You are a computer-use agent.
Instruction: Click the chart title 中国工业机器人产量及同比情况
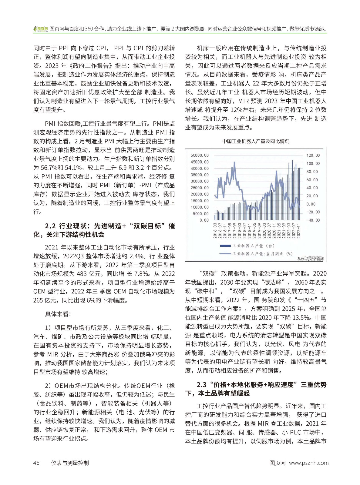coord(256,141)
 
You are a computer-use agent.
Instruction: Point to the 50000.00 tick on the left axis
coord(200,155)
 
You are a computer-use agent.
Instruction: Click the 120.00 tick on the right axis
coord(313,155)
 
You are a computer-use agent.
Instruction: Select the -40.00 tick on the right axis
coord(313,220)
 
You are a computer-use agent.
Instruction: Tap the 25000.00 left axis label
coord(200,188)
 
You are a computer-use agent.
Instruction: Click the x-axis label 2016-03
coord(215,231)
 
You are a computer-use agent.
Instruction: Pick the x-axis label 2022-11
coord(299,231)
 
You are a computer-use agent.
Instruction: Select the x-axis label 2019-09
coord(259,231)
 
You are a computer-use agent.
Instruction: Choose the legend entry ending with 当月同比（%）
coord(262,254)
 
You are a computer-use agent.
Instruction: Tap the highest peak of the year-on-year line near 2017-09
coord(234,162)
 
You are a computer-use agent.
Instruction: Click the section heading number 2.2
coord(50,226)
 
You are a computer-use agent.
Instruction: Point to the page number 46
coord(36,463)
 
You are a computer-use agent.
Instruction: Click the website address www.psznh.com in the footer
coord(309,463)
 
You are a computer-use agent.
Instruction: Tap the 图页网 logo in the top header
coord(41,29)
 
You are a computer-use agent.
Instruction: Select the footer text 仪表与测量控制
coord(70,463)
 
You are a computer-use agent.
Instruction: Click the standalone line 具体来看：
coord(58,314)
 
